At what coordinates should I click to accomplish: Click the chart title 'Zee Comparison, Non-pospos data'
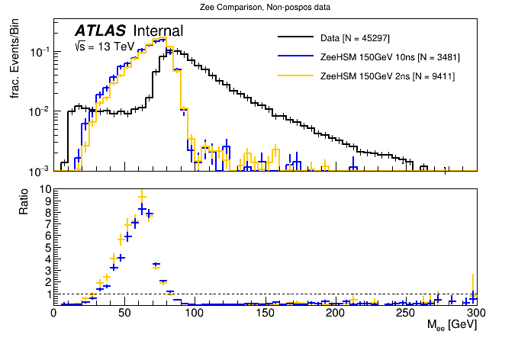[x=265, y=7]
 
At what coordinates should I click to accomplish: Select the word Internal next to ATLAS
[x=158, y=31]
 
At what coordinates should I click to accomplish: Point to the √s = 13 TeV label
[x=104, y=47]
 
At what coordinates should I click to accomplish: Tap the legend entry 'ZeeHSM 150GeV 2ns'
[x=388, y=76]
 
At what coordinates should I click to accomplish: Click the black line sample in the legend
[x=297, y=37]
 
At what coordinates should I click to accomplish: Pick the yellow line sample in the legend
[x=297, y=76]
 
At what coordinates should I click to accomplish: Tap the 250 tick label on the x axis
[x=405, y=313]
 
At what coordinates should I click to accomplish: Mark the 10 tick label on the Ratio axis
[x=45, y=188]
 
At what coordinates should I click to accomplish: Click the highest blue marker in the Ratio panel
[x=142, y=208]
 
